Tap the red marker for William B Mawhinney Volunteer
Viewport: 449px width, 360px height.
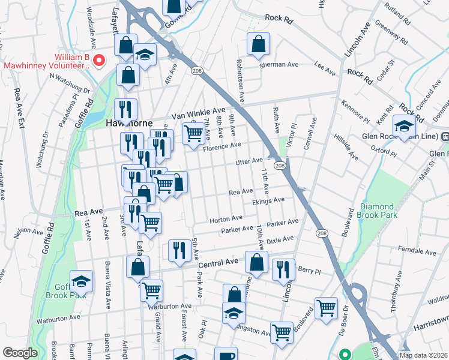coord(101,60)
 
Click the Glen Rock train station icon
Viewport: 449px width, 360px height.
coord(445,137)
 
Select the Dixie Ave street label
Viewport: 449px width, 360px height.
coord(280,239)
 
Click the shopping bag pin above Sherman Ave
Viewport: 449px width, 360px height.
coord(258,44)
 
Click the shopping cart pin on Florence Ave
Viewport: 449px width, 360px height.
coord(192,134)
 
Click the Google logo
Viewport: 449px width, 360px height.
coord(20,353)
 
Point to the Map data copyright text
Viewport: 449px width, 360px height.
coord(423,355)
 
